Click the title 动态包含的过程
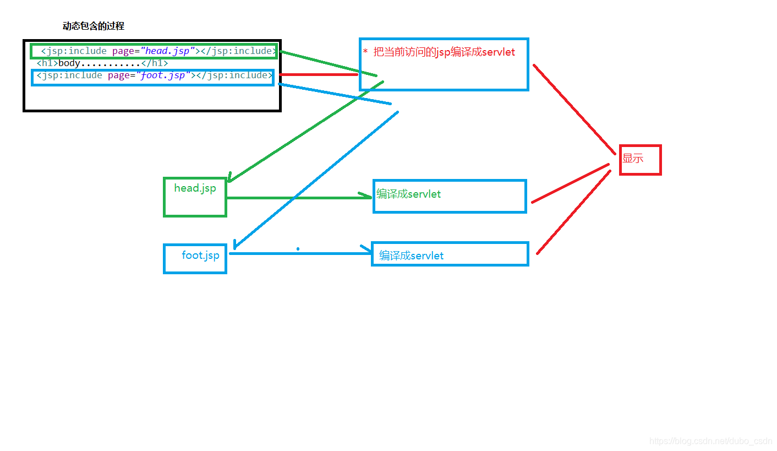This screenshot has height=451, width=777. (93, 26)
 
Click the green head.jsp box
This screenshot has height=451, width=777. (195, 197)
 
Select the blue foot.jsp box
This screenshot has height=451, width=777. (195, 258)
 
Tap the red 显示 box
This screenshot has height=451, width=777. (640, 160)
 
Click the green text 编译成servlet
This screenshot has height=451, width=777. (408, 194)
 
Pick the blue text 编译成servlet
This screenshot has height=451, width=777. (411, 256)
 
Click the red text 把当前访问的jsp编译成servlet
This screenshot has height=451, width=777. (444, 52)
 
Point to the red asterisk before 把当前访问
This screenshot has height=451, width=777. (365, 52)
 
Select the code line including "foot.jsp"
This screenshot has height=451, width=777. (154, 75)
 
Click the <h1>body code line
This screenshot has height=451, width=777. (102, 63)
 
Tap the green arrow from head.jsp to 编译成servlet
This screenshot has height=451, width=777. (297, 197)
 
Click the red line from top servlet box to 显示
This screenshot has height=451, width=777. (574, 109)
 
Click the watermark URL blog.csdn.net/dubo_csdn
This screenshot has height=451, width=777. (710, 441)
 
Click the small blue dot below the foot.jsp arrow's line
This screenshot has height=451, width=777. (298, 249)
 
